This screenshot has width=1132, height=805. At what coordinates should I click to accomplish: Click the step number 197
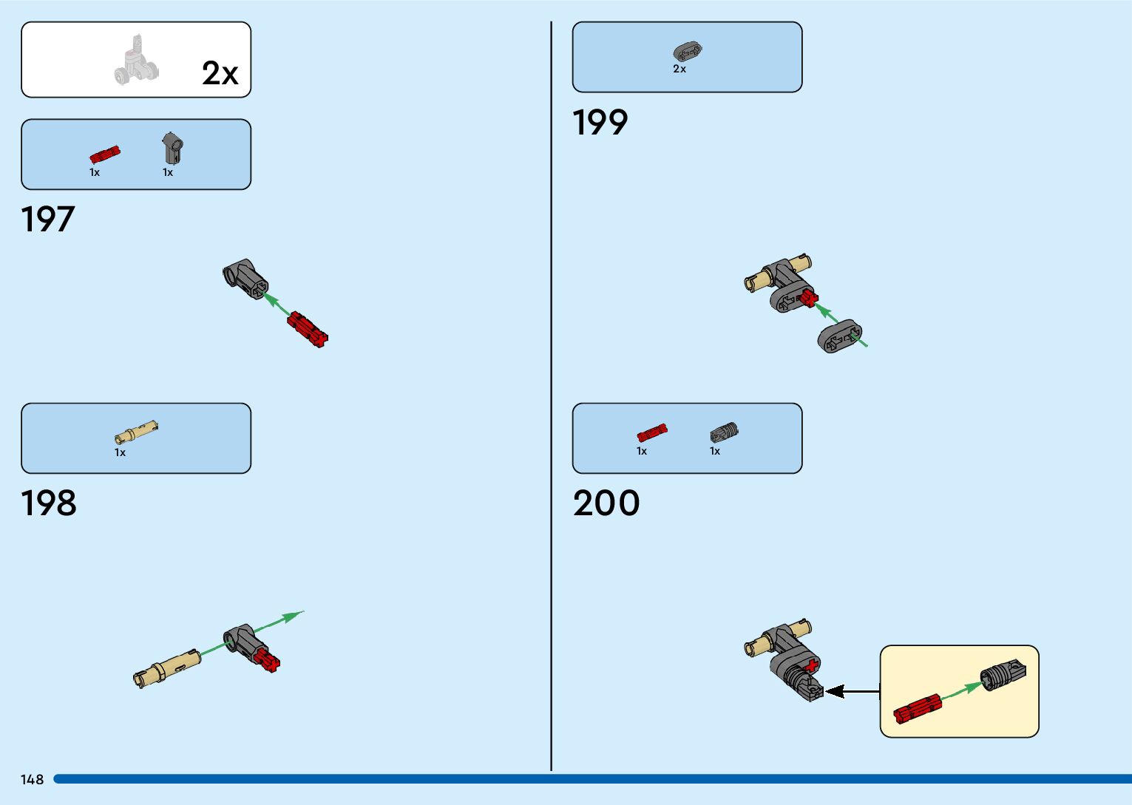click(x=48, y=220)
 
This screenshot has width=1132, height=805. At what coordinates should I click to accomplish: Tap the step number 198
click(x=49, y=503)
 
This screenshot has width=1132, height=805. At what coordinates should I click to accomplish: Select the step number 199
click(x=600, y=123)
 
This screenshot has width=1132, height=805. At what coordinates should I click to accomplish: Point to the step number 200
click(x=606, y=503)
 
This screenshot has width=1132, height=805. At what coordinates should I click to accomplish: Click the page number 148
click(x=33, y=780)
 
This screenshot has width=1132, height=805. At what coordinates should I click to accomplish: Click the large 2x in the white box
click(x=220, y=73)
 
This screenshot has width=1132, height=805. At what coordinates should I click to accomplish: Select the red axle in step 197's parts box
click(x=104, y=154)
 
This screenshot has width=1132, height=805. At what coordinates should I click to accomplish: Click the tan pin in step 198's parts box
click(x=136, y=432)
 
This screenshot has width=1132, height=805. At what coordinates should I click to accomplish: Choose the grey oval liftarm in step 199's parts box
click(x=687, y=52)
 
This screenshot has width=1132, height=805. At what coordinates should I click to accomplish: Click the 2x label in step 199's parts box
click(x=679, y=69)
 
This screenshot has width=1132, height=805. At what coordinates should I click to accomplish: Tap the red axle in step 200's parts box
click(x=652, y=433)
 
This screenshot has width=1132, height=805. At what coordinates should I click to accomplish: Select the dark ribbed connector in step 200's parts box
click(x=724, y=432)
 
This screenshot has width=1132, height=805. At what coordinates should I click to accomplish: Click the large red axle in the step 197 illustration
click(x=308, y=329)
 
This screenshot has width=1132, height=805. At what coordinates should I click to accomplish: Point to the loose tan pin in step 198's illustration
click(x=167, y=668)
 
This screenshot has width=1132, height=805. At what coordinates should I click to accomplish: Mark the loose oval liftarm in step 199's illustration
click(x=838, y=337)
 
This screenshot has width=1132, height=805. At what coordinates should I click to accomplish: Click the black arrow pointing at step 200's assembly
click(x=851, y=692)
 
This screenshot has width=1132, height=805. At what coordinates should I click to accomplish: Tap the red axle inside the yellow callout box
click(x=917, y=708)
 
